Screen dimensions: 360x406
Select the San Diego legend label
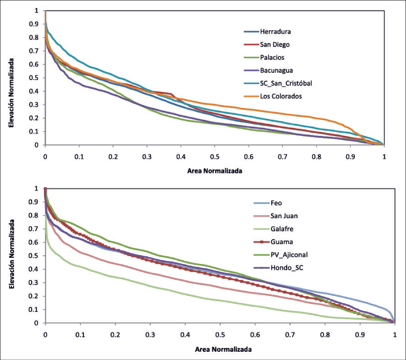click(x=275, y=45)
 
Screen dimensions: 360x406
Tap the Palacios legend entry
click(x=273, y=58)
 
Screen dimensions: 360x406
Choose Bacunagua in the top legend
click(x=276, y=70)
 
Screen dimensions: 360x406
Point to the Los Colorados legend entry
click(x=281, y=96)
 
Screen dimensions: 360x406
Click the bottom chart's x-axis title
click(x=223, y=349)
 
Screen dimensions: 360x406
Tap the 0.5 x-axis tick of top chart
click(x=214, y=156)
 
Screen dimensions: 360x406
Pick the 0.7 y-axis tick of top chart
click(x=35, y=50)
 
